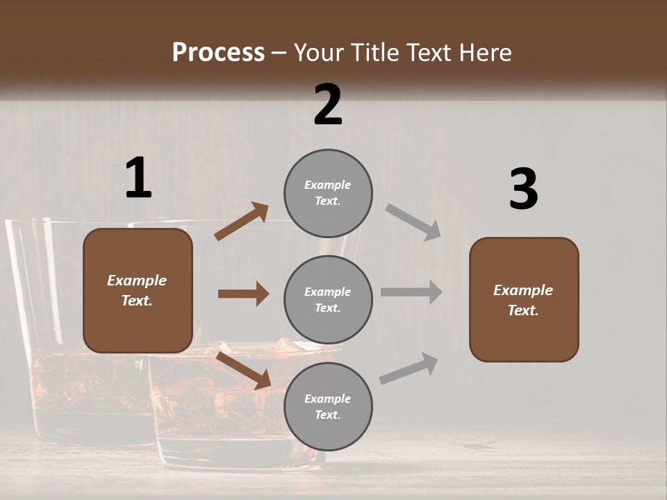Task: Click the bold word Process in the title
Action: [x=218, y=53]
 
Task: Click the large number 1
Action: [x=138, y=178]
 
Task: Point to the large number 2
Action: [x=328, y=105]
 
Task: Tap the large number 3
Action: [x=523, y=190]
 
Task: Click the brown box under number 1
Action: [x=138, y=290]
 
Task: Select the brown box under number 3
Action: [x=524, y=300]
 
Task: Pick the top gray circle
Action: [x=328, y=193]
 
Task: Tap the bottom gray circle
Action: [x=328, y=407]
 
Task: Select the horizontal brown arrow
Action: [x=243, y=294]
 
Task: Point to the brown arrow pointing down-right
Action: [x=244, y=370]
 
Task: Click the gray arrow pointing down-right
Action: [x=413, y=222]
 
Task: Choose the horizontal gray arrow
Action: [x=411, y=292]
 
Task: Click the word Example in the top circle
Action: [x=328, y=185]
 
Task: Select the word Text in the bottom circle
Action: [x=327, y=415]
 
